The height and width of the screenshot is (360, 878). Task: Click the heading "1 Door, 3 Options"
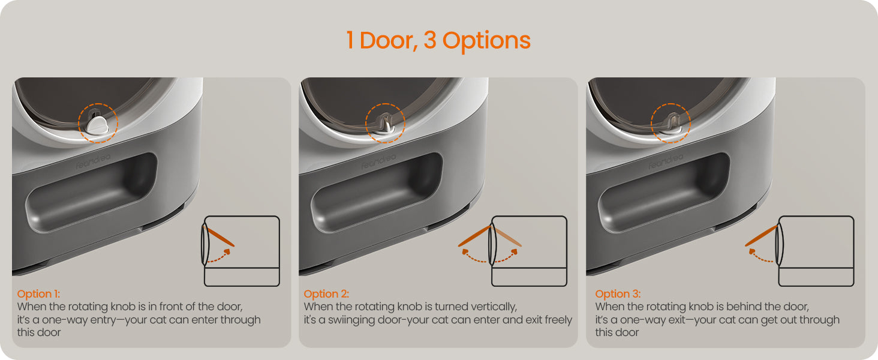pos(438,40)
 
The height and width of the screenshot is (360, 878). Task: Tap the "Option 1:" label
pos(38,294)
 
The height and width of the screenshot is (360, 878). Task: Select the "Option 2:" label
pos(326,294)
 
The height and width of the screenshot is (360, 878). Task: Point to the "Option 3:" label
pos(618,294)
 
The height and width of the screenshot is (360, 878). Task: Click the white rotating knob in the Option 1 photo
pos(98,125)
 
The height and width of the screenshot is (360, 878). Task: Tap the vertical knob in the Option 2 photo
pos(386,125)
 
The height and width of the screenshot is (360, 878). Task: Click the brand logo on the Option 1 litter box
pos(93,161)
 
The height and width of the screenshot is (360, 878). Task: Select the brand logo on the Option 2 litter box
pos(378,161)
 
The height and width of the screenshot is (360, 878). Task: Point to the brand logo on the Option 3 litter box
pos(666,161)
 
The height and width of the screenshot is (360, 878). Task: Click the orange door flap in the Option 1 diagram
pos(219,236)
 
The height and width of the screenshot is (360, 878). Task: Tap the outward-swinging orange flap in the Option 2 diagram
pos(474,236)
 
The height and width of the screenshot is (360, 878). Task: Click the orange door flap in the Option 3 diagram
pos(761,236)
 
